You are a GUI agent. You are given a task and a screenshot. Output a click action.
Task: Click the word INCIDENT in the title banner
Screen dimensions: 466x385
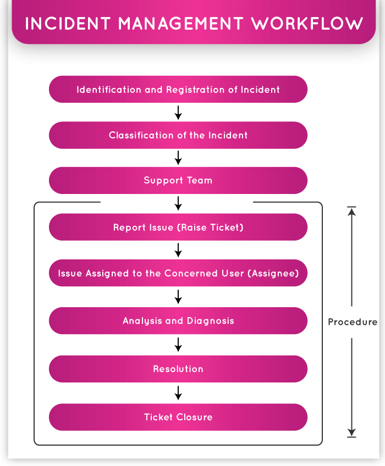(65, 24)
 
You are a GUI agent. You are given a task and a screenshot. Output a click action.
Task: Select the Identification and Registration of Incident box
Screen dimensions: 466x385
(178, 90)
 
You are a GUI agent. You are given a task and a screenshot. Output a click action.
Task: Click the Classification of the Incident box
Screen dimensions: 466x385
(178, 135)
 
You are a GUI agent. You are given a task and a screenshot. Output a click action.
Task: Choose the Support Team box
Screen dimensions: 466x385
(178, 180)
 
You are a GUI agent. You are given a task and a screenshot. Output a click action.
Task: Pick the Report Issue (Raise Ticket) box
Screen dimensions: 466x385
(178, 227)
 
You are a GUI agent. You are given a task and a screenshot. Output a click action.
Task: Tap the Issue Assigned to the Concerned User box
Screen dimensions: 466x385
(178, 273)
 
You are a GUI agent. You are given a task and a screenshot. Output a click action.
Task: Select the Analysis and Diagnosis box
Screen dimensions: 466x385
(178, 321)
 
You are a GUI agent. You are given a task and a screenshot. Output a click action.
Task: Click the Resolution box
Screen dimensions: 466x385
(178, 369)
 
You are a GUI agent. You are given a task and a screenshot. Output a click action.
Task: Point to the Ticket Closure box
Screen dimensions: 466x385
(178, 417)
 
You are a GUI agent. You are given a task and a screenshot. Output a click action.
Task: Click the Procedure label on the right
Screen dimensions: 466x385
(353, 322)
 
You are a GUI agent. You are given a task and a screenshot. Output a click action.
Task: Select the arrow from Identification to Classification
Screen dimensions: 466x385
(178, 113)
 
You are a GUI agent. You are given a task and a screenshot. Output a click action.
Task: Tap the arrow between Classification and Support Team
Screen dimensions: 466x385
(178, 158)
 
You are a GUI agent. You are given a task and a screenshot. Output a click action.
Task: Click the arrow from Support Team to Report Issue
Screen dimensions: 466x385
(178, 204)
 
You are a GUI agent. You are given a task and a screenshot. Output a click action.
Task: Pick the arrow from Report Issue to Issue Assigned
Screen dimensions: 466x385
(178, 251)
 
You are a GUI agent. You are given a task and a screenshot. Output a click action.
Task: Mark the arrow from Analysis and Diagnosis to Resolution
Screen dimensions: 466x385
(178, 345)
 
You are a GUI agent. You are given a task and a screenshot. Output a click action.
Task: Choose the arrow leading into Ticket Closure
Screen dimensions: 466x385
(178, 393)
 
